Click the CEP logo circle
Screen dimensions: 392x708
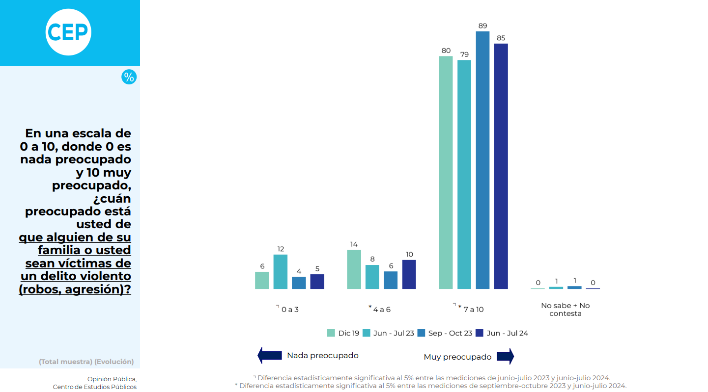coord(69,32)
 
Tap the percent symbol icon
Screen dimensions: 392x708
coord(129,77)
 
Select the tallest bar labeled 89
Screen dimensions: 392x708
coord(482,160)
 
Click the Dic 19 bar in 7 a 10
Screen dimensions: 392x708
coord(446,172)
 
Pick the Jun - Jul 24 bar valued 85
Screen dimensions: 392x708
coord(501,166)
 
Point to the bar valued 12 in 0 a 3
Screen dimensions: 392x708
coord(280,271)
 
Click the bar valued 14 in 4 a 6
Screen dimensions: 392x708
coord(354,269)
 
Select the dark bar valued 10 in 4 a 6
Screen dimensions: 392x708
coord(409,274)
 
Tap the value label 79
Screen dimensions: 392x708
coord(464,54)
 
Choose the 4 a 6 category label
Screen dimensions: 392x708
coord(382,310)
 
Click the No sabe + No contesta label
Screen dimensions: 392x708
coord(566,310)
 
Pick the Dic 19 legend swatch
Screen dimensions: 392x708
coord(331,333)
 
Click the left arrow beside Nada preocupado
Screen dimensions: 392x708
coord(269,355)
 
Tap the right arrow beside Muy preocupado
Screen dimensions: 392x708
coord(505,356)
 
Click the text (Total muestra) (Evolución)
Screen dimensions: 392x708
coord(86,362)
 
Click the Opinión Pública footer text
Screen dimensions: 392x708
coord(112,379)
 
